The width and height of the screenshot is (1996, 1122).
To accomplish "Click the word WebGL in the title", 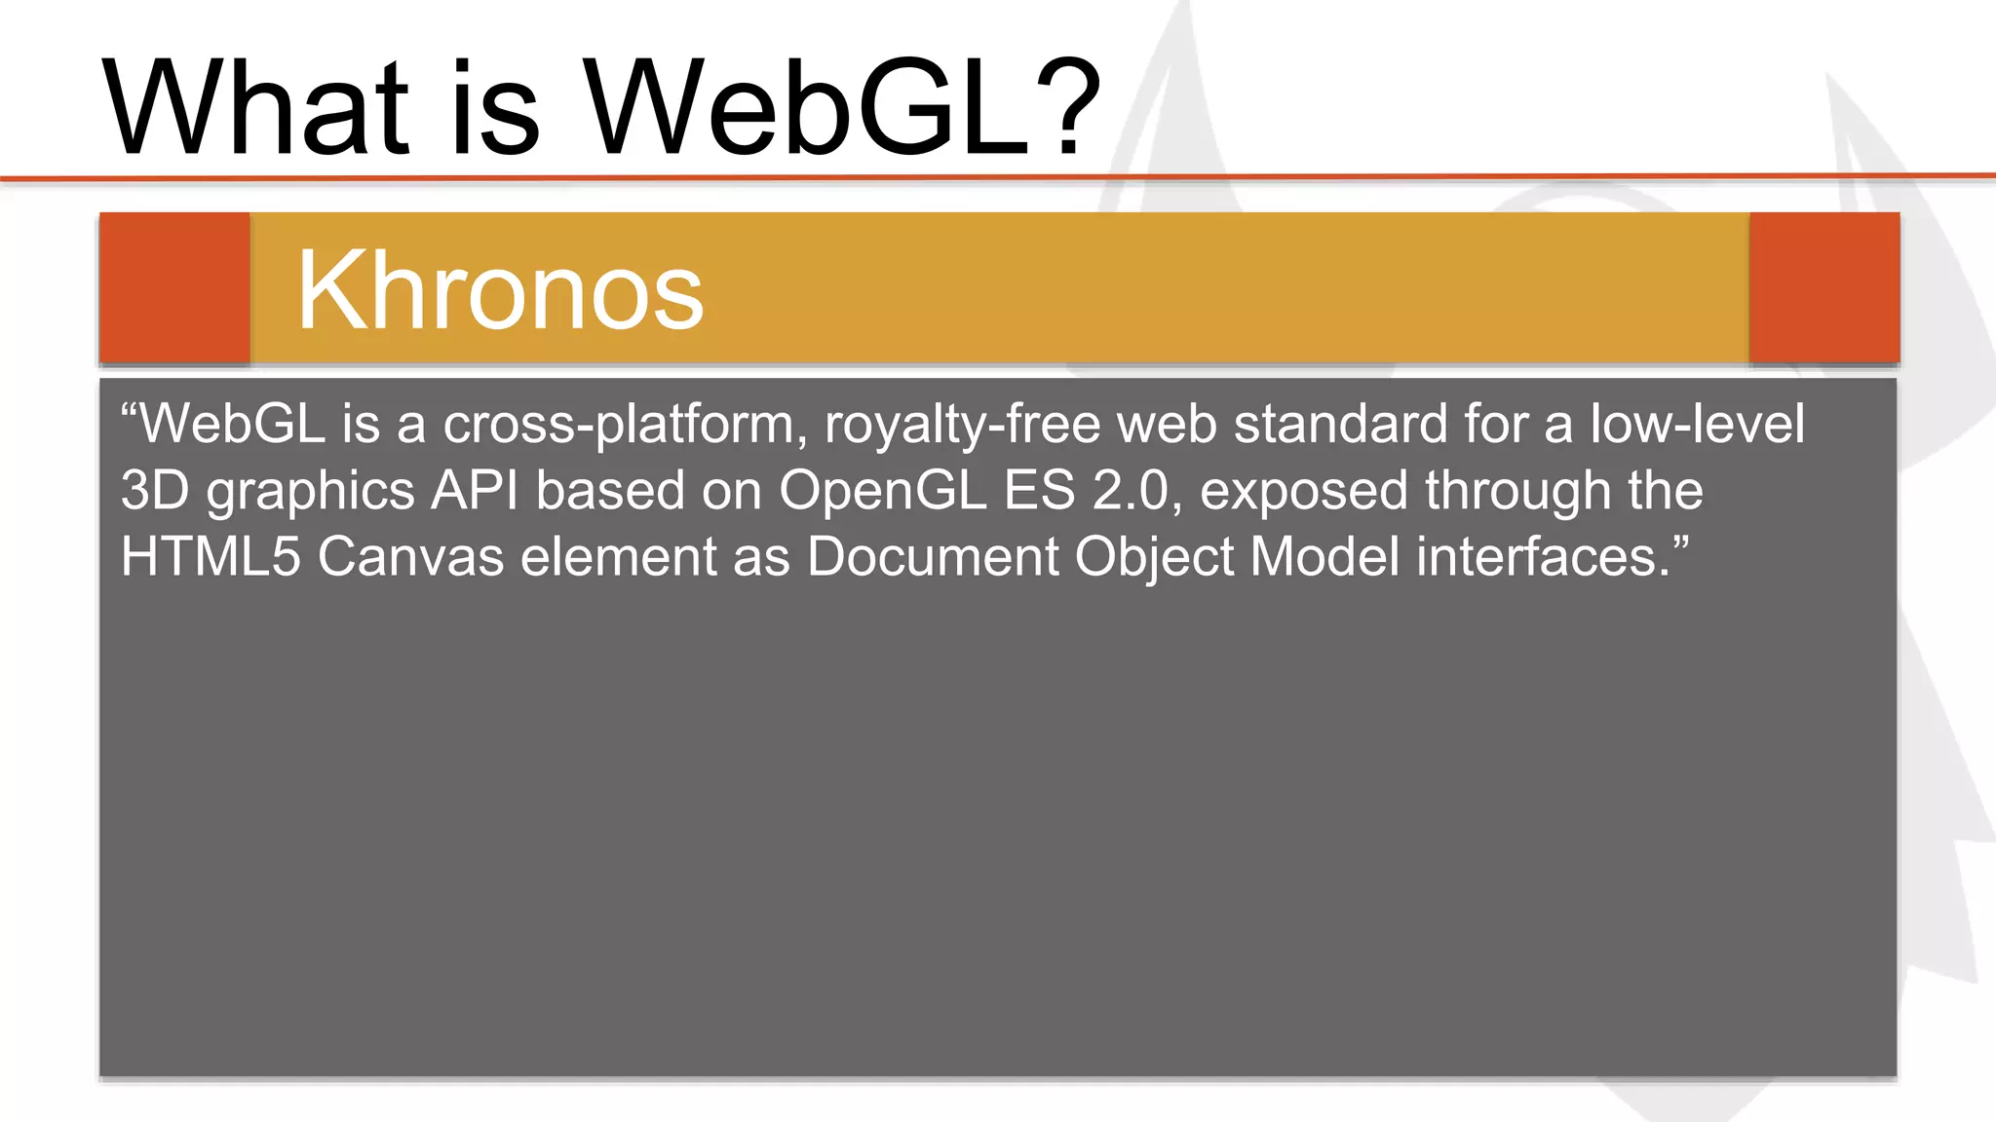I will point(809,107).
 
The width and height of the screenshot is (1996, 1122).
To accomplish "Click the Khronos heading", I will point(499,290).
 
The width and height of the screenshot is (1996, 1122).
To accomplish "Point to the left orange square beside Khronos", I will point(174,288).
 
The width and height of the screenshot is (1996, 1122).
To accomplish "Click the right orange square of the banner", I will point(1823,288).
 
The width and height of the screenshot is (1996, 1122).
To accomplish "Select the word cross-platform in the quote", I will point(619,425).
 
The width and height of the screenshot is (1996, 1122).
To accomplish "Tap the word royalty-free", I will point(962,425).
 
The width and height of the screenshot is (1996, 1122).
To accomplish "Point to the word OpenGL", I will point(882,491).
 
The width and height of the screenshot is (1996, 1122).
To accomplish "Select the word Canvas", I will point(410,557).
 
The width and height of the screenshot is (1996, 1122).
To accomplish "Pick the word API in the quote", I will point(475,491).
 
